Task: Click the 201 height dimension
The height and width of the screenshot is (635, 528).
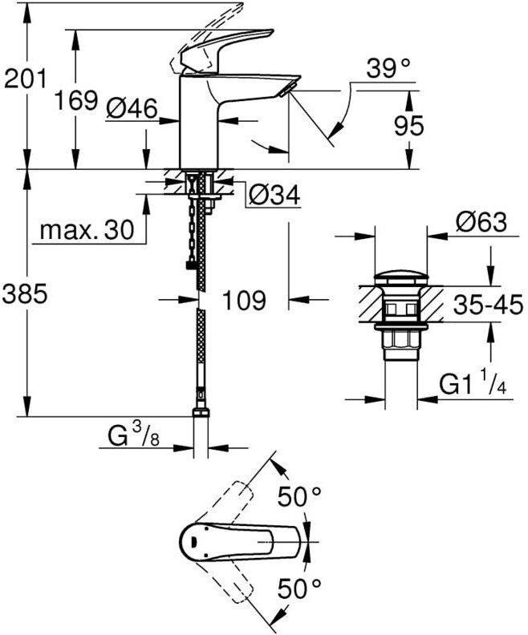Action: pos(25,79)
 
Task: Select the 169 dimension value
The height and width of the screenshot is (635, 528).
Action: pos(76,101)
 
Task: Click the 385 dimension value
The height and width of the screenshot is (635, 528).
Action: pos(25,294)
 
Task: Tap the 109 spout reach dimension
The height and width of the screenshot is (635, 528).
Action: pos(244,301)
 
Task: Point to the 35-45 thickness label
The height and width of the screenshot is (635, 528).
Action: pos(488,305)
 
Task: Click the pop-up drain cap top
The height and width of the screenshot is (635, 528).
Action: pos(400,279)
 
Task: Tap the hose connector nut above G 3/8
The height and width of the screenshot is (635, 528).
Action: pos(201,414)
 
